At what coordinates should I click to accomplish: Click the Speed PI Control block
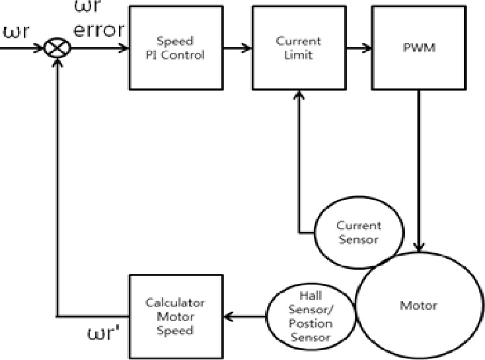tap(174, 48)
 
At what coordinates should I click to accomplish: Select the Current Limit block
tap(297, 48)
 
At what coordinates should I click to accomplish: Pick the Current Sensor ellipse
tap(357, 233)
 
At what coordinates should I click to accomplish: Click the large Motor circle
tap(418, 306)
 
